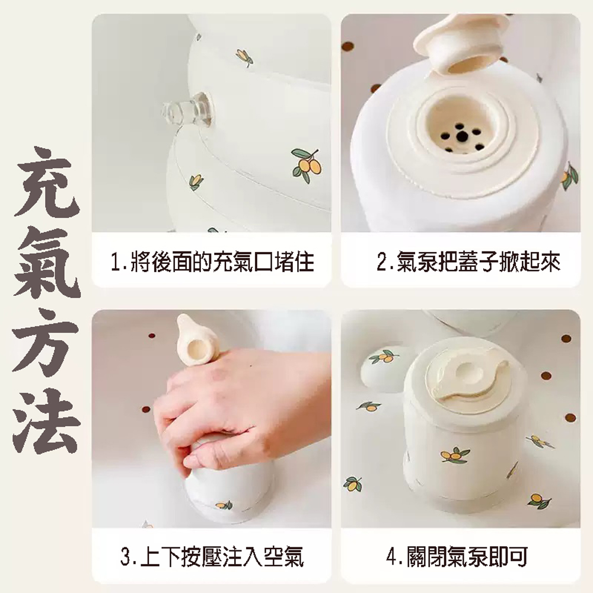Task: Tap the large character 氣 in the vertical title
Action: pos(47,262)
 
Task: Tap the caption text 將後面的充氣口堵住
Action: pos(222,262)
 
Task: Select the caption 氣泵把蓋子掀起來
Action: pos(479,261)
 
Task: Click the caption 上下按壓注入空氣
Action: pos(222,557)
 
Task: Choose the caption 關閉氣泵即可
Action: pos(467,557)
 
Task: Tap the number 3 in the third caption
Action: pos(126,557)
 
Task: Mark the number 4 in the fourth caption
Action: pos(392,557)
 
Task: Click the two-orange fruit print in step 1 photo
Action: pos(307,165)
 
